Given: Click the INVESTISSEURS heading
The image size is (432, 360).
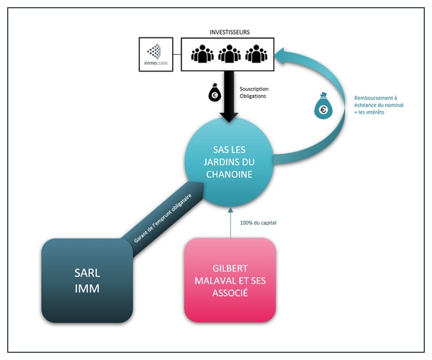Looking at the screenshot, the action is [230, 32].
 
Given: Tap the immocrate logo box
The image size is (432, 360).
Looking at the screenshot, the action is [156, 55].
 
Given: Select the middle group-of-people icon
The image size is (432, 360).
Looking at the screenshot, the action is [229, 54].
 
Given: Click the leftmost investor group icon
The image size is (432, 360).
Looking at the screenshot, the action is [202, 54].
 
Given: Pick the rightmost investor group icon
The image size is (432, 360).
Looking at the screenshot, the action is [256, 54].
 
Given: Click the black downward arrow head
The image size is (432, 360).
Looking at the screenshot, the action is [229, 117].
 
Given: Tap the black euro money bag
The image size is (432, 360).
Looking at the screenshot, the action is [215, 92].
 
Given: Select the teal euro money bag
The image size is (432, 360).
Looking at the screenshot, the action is [323, 106].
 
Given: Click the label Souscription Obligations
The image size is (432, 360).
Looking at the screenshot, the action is [253, 93].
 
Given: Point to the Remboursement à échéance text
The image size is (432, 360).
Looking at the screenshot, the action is [379, 105].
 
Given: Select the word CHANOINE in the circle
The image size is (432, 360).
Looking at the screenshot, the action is [229, 174].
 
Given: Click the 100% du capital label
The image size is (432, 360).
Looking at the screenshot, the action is [258, 222].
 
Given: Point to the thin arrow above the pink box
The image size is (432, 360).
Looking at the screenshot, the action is [230, 222].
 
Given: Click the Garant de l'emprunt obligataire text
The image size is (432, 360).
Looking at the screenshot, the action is [163, 218].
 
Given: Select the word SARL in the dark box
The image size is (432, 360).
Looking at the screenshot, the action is [87, 273].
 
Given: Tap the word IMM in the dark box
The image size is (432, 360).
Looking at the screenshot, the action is [87, 289].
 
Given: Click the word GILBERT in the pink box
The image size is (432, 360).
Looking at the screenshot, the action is [230, 269].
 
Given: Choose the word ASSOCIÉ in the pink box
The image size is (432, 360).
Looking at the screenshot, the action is [230, 293].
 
